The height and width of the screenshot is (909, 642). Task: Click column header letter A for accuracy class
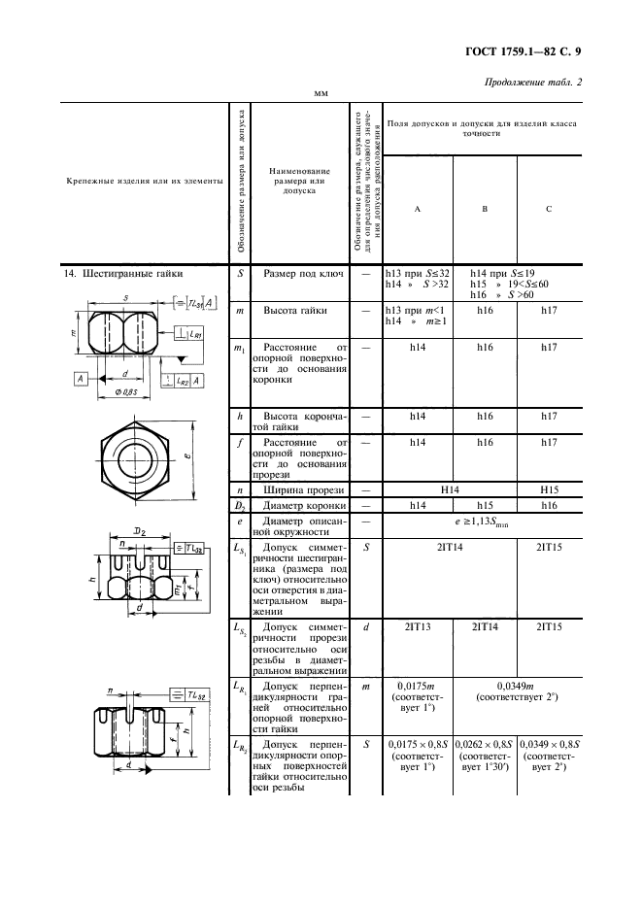[x=417, y=209]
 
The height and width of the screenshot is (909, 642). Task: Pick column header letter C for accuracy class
[x=549, y=209]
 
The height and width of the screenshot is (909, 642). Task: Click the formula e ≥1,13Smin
[x=483, y=528]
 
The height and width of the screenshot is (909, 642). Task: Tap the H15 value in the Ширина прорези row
[x=549, y=491]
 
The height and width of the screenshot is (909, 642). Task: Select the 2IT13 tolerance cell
[x=417, y=627]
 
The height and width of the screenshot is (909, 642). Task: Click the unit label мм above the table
[x=320, y=94]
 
